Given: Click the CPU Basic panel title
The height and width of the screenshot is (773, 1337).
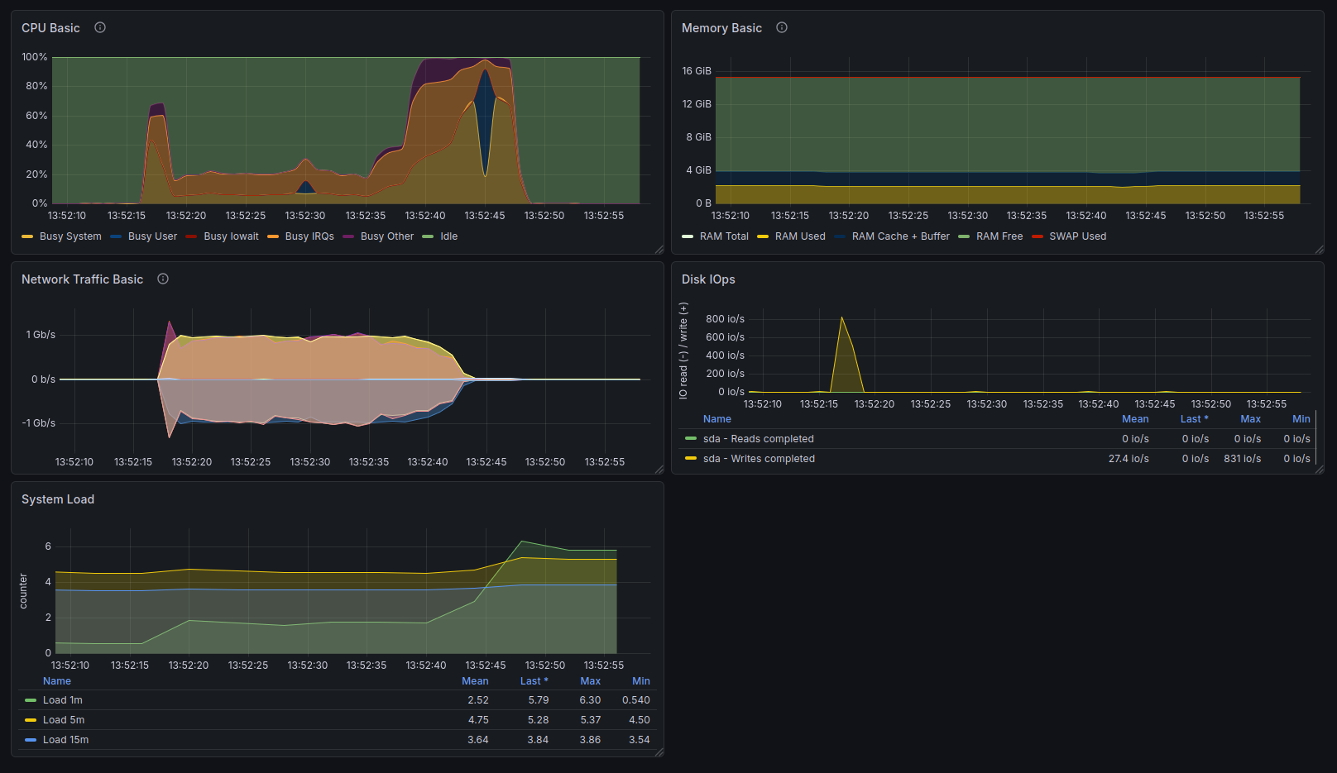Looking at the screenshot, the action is point(50,28).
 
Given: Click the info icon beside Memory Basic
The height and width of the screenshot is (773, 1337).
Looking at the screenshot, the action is point(781,27).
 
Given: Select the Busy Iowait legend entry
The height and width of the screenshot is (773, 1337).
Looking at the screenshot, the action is point(222,236).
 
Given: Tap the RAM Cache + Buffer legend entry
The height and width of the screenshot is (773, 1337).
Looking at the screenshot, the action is point(892,236).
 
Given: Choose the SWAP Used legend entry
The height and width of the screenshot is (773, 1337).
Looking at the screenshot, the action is point(1068,236).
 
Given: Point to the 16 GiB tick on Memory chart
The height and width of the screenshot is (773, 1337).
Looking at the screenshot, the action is point(697,71).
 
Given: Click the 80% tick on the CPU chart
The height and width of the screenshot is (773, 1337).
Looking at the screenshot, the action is point(36,86).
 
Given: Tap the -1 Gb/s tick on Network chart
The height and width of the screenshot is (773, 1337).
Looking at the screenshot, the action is point(39,423).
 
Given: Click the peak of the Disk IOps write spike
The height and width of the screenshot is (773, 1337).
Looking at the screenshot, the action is point(841,317).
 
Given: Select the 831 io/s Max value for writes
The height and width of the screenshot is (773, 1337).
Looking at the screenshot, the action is point(1242,459).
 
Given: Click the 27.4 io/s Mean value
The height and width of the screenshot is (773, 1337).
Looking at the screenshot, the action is point(1129,459).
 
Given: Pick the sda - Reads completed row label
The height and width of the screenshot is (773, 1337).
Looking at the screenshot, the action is point(758,439).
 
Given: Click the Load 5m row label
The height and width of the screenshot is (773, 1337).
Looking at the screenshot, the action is point(63,720).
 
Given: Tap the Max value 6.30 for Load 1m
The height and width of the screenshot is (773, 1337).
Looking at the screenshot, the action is point(590,700).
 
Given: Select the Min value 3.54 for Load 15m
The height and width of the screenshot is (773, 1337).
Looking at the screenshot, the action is point(640,740).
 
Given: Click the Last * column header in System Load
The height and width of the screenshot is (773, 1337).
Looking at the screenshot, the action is point(534,681).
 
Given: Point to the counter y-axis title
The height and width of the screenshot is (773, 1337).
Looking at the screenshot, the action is point(23,591).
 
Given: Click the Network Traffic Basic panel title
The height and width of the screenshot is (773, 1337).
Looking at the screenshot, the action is point(83,279).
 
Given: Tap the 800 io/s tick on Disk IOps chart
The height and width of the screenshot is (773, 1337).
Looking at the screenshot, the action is point(726,319).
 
